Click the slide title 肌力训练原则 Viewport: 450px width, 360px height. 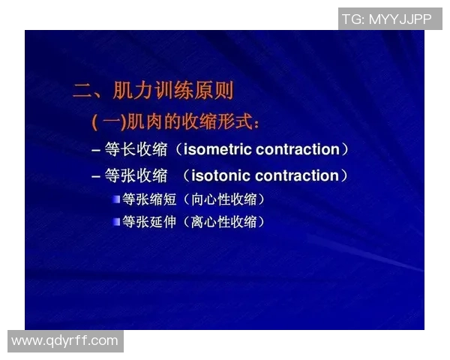pyautogui.click(x=173, y=92)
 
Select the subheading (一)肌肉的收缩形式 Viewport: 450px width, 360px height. pyautogui.click(x=175, y=121)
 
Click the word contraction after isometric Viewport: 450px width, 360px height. pyautogui.click(x=298, y=149)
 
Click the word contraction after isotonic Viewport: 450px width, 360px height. pyautogui.click(x=297, y=176)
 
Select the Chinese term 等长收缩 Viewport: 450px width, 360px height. pyautogui.click(x=136, y=149)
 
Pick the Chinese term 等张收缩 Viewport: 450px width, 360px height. pyautogui.click(x=136, y=176)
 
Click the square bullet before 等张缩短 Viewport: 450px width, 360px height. pyautogui.click(x=116, y=199)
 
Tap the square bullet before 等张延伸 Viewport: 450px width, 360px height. pyautogui.click(x=116, y=221)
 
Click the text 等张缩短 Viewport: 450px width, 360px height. pyautogui.click(x=147, y=199)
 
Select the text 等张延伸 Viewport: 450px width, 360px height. pyautogui.click(x=147, y=221)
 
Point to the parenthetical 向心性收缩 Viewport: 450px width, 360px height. pyautogui.click(x=223, y=199)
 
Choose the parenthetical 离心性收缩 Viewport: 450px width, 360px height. pyautogui.click(x=223, y=221)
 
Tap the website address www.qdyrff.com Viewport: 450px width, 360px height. pyautogui.click(x=65, y=341)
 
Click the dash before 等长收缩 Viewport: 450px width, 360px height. pyautogui.click(x=96, y=150)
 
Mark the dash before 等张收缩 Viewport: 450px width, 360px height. pyautogui.click(x=96, y=177)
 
